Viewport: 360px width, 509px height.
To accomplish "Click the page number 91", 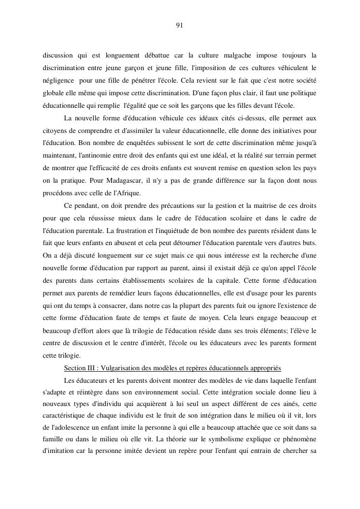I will pyautogui.click(x=179, y=26).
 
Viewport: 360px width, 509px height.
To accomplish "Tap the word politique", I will pyautogui.click(x=302, y=92).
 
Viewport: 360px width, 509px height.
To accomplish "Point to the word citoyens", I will pyautogui.click(x=55, y=131).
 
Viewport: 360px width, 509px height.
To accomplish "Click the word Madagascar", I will pyautogui.click(x=111, y=181).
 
